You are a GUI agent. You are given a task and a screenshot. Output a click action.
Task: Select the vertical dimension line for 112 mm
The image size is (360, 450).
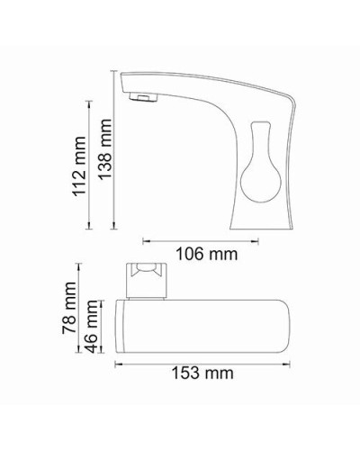pyautogui.click(x=88, y=166)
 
